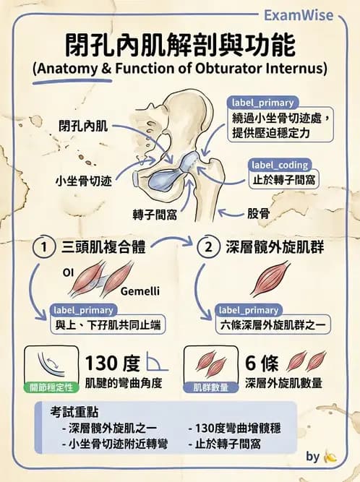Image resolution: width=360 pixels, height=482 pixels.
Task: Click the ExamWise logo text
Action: tap(299, 15)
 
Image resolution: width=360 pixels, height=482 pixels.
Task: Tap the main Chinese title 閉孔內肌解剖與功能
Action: tap(180, 46)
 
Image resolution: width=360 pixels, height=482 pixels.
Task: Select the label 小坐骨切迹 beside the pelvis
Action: tap(84, 181)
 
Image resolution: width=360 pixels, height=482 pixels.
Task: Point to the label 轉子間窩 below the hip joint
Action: tap(155, 215)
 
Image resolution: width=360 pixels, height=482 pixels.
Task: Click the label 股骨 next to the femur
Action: tap(259, 213)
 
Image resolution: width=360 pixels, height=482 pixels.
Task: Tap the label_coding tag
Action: tap(280, 165)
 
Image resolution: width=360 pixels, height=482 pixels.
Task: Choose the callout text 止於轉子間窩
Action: tap(284, 179)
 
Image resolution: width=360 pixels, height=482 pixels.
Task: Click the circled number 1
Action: tap(44, 247)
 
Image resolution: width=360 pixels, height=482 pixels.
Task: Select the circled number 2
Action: tap(209, 247)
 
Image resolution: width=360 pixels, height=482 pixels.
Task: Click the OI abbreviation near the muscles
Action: tap(68, 272)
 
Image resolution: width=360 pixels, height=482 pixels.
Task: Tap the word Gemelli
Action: tap(140, 291)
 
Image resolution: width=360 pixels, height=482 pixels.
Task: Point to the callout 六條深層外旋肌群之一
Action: tap(273, 325)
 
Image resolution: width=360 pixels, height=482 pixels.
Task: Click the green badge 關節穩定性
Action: tap(51, 387)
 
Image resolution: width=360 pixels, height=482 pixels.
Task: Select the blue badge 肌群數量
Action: tap(211, 387)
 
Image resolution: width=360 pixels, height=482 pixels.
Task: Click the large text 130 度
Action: tap(113, 363)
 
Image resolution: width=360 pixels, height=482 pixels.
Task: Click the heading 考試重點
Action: tap(74, 412)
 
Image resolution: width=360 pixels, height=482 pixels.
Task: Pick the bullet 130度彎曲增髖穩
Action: tap(234, 429)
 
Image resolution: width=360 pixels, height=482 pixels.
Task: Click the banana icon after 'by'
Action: tap(330, 457)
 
